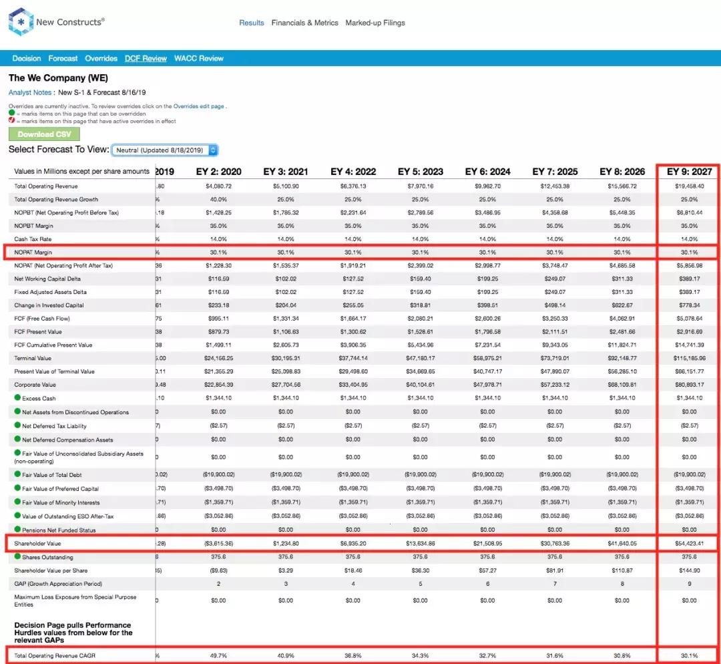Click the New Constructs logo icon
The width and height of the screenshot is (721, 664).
tap(20, 21)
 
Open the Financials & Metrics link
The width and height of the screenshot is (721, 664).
tap(304, 23)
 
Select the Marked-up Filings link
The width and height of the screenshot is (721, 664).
tap(375, 23)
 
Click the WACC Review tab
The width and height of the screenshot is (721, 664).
tap(199, 58)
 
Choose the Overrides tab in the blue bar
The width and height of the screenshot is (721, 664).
tap(101, 58)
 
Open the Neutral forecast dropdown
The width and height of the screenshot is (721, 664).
tap(165, 150)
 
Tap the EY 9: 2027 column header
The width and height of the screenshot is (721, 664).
tap(689, 172)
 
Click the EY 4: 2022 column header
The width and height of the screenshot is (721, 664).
tap(353, 172)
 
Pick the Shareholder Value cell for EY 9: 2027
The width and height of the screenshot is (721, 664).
tap(689, 544)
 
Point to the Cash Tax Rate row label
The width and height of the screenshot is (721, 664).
tap(33, 239)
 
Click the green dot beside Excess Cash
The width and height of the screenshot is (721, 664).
tap(17, 398)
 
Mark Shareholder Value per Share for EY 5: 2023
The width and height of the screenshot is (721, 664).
tap(420, 570)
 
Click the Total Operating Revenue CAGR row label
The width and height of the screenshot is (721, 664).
tap(55, 656)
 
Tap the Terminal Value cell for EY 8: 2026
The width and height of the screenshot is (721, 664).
tap(622, 358)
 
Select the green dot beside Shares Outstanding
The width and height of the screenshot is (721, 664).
tap(17, 557)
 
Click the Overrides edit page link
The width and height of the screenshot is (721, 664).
tap(199, 106)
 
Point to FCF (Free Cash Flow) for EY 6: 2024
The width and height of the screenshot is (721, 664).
tap(487, 319)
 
